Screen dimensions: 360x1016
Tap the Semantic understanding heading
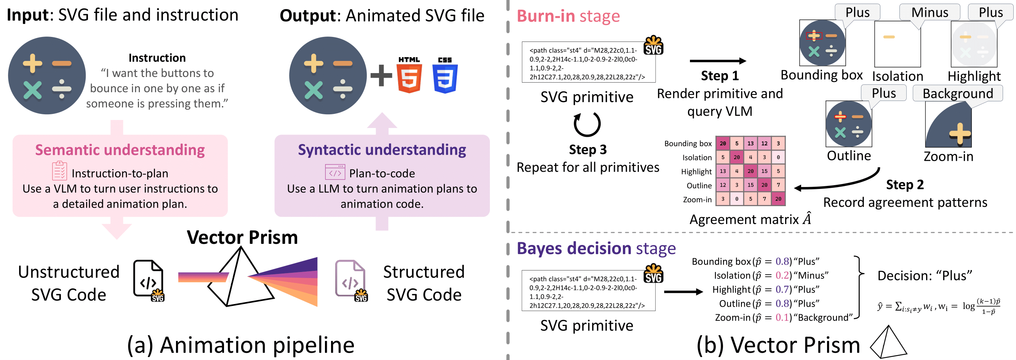pyautogui.click(x=120, y=150)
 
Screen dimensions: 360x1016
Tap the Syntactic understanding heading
pyautogui.click(x=382, y=150)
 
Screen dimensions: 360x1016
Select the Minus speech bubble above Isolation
pyautogui.click(x=929, y=12)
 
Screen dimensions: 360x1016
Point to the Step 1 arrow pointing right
pyautogui.click(x=717, y=61)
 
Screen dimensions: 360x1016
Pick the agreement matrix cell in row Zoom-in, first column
pyautogui.click(x=723, y=199)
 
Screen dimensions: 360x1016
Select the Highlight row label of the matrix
pyautogui.click(x=696, y=171)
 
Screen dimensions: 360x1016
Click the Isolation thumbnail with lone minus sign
pyautogui.click(x=897, y=44)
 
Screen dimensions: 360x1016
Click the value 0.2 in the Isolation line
pyautogui.click(x=782, y=275)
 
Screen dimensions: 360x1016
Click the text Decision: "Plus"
pyautogui.click(x=924, y=275)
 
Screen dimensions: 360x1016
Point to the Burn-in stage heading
pyautogui.click(x=568, y=16)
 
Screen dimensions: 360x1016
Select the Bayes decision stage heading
pyautogui.click(x=596, y=248)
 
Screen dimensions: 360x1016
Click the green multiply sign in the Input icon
pyautogui.click(x=32, y=90)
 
